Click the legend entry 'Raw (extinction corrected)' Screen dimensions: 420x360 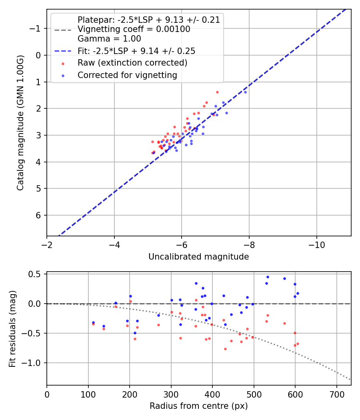[x=132, y=63]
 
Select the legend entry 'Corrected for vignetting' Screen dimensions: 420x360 [x=127, y=75]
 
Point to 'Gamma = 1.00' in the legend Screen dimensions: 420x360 [x=109, y=39]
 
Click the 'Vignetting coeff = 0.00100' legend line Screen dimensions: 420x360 [x=134, y=29]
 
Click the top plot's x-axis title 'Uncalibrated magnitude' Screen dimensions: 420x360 [x=198, y=257]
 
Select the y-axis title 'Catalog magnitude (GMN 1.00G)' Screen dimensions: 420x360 [x=20, y=123]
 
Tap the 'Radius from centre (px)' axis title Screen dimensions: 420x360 [x=198, y=406]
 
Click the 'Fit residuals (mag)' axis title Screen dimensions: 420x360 [x=12, y=328]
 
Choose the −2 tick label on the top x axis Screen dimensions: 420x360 [x=47, y=244]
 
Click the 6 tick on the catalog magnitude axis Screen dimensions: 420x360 [x=39, y=215]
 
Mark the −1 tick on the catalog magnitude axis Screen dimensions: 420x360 [x=36, y=28]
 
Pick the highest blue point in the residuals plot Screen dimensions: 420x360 [x=268, y=277]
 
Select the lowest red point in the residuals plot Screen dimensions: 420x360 [x=225, y=349]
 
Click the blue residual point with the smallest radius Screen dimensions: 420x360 [x=93, y=322]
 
